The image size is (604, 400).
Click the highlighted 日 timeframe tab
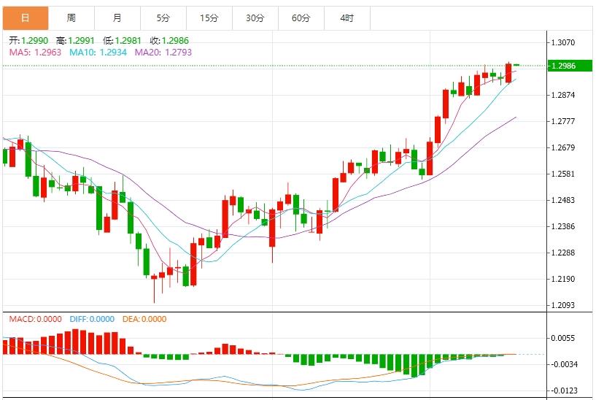coord(26,18)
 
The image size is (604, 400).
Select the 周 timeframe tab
coord(71,18)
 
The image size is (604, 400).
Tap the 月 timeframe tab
coord(117,18)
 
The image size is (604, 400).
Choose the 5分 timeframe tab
coord(163,18)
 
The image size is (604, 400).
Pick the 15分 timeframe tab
coord(209,18)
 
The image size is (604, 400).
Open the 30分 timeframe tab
coord(255,18)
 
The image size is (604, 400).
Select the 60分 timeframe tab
coord(301,18)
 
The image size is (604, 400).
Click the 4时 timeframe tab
coord(346,18)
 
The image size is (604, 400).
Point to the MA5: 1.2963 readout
coord(35,53)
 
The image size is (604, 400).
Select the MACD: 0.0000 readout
coord(35,319)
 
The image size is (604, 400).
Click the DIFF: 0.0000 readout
coord(92,319)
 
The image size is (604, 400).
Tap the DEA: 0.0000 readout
coord(145,319)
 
